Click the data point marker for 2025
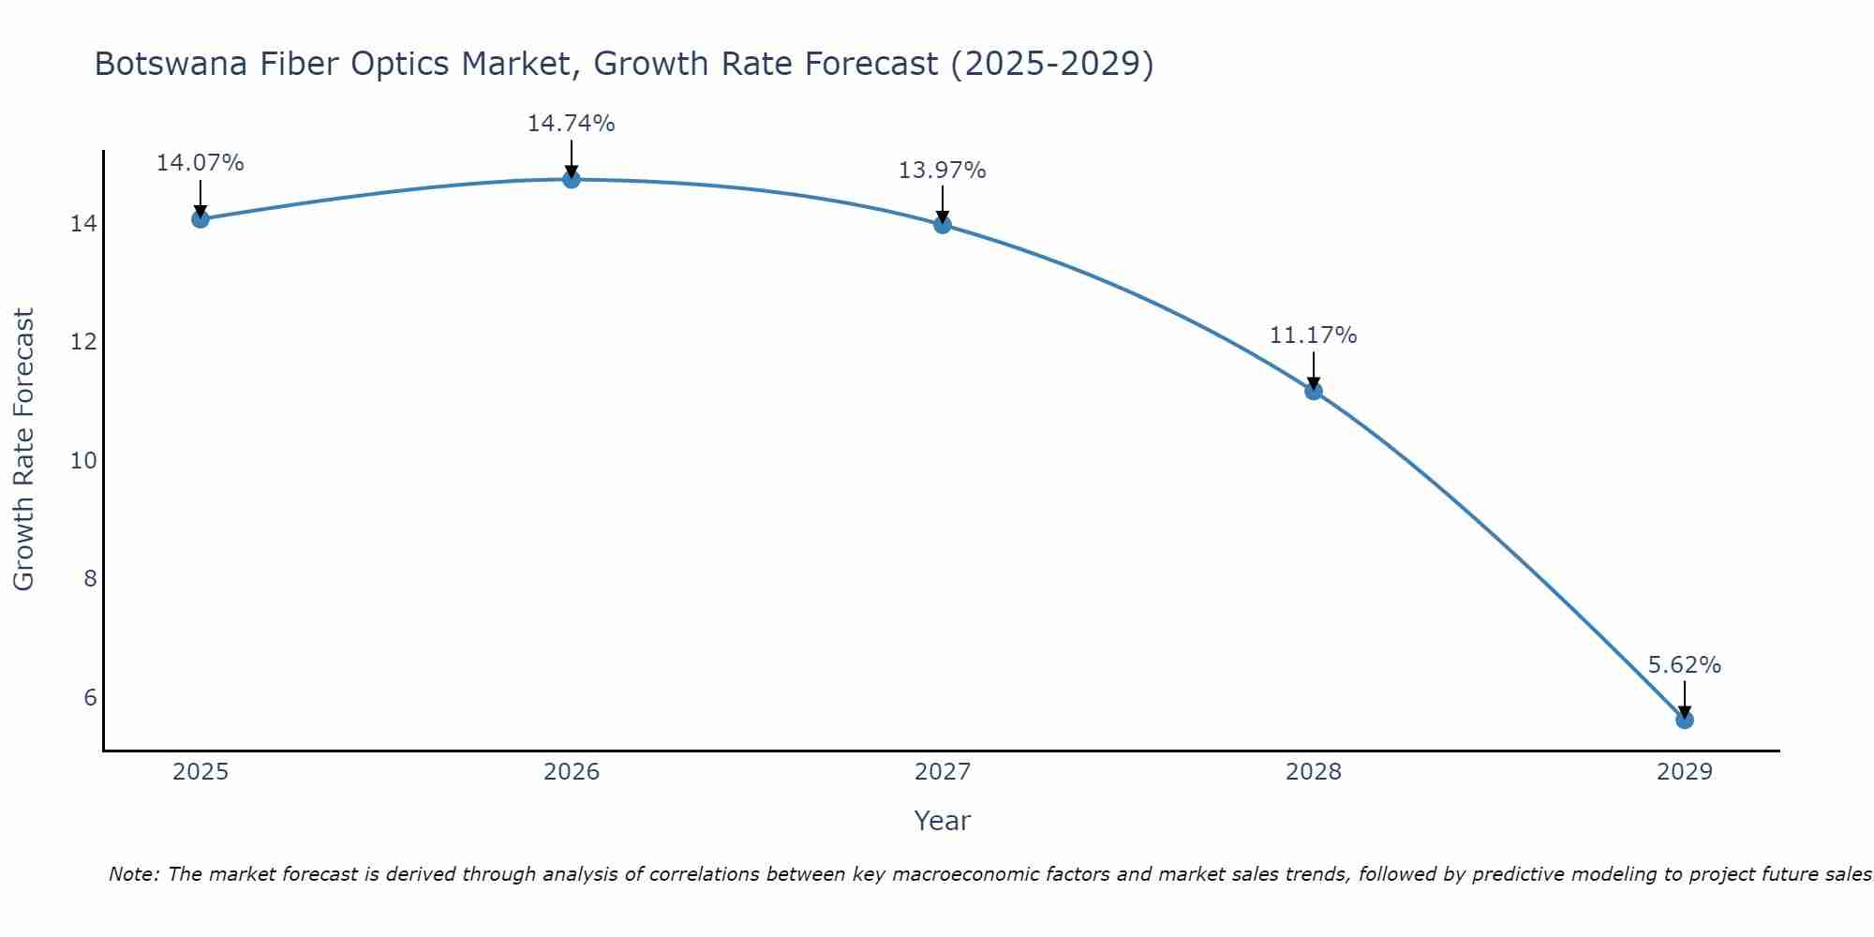coord(201,219)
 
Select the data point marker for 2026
coord(572,179)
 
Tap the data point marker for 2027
coord(943,225)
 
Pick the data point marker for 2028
coord(1314,391)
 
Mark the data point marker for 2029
coord(1685,720)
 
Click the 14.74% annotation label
coord(571,124)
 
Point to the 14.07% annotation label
coord(200,163)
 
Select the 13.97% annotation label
coord(942,171)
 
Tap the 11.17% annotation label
coord(1313,335)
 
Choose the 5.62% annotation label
coord(1684,665)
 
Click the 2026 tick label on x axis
coord(572,772)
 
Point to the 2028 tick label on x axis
coord(1314,772)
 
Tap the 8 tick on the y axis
coord(90,579)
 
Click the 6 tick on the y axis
coord(90,697)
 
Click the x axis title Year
coord(942,821)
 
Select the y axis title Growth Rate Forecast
coord(23,450)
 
